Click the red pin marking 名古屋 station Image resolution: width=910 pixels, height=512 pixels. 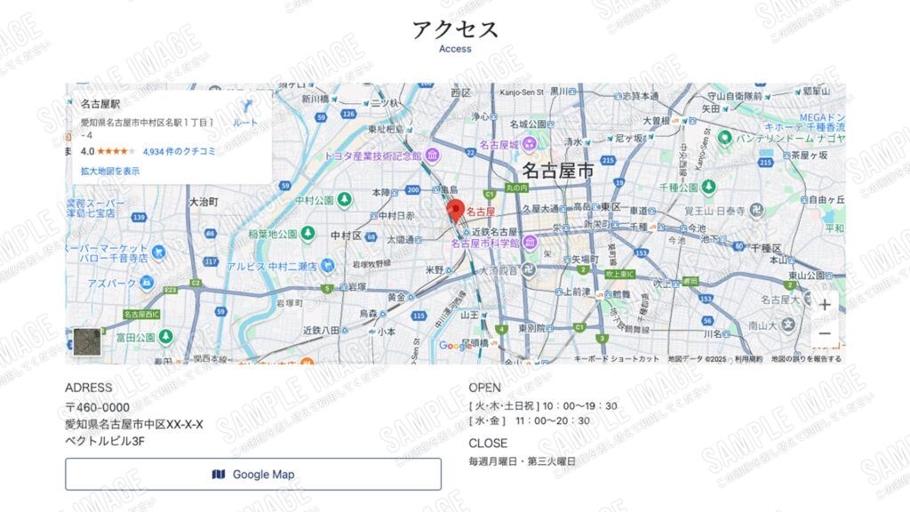pyautogui.click(x=455, y=211)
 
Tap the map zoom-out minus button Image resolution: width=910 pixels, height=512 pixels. pyautogui.click(x=825, y=334)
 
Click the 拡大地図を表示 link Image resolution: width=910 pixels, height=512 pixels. pyautogui.click(x=110, y=171)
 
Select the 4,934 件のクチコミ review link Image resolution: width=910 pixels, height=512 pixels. pyautogui.click(x=179, y=152)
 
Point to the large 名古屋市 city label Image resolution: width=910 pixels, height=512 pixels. pyautogui.click(x=557, y=171)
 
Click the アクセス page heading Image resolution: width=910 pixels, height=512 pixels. pyautogui.click(x=455, y=29)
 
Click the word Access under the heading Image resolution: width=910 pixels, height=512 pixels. pyautogui.click(x=455, y=50)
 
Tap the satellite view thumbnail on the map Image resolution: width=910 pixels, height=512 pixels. pyautogui.click(x=87, y=342)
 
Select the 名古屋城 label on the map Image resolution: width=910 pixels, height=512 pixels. pyautogui.click(x=499, y=144)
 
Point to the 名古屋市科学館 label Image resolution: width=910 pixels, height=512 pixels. pyautogui.click(x=484, y=243)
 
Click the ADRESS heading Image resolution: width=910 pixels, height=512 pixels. pyautogui.click(x=89, y=388)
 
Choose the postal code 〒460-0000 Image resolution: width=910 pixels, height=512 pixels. pyautogui.click(x=103, y=407)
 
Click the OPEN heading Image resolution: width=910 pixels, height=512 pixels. pyautogui.click(x=484, y=388)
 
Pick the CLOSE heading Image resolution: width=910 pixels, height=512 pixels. pyautogui.click(x=488, y=443)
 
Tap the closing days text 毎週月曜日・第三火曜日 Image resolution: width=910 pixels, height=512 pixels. pyautogui.click(x=523, y=461)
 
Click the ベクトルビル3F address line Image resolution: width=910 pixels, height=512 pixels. pyautogui.click(x=105, y=440)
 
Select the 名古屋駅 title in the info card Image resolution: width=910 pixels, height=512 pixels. pyautogui.click(x=100, y=104)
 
